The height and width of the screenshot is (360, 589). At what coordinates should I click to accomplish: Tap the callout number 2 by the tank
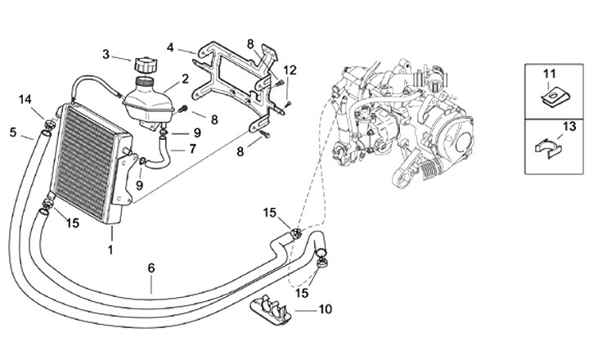(x=185, y=79)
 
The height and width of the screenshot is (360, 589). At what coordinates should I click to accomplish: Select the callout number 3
(x=106, y=55)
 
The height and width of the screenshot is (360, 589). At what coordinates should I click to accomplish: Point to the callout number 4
(x=169, y=47)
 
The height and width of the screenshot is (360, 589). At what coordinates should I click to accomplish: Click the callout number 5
(x=13, y=131)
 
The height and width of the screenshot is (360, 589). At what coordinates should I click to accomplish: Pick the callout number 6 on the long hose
(x=151, y=268)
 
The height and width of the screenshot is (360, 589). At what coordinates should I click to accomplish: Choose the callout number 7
(x=192, y=149)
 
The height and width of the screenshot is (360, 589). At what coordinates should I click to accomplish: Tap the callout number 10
(x=326, y=310)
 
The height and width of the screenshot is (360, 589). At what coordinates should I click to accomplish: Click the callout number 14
(x=25, y=100)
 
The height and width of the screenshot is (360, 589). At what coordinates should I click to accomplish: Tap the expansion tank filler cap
(x=144, y=63)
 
